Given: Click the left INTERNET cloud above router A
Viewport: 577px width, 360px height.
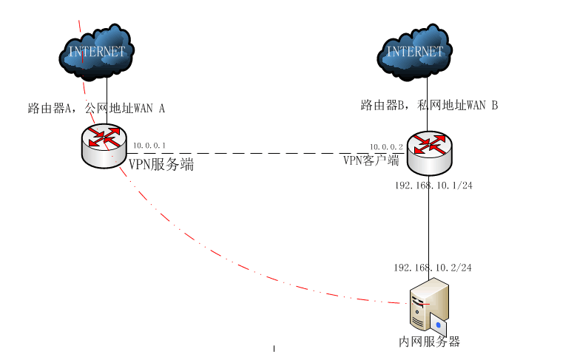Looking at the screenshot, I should tap(97, 51).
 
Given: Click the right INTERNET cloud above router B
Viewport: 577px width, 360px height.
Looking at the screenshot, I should tap(415, 51).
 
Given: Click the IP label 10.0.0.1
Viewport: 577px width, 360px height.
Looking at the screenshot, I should tap(149, 146).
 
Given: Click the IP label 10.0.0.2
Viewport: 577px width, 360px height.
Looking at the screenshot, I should tap(386, 147).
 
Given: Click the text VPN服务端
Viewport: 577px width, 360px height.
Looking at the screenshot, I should tap(161, 165).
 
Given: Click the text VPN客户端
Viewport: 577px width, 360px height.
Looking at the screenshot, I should tap(371, 160).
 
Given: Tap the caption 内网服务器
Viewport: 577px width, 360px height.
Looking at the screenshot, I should tap(430, 342).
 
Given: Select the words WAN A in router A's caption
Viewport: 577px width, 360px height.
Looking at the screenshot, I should tap(149, 109).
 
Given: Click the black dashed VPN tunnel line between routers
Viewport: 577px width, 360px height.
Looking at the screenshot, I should tap(259, 153).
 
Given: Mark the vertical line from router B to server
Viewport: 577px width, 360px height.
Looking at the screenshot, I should tap(429, 222).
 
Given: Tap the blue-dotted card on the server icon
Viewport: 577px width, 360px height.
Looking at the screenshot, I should tap(440, 325).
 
